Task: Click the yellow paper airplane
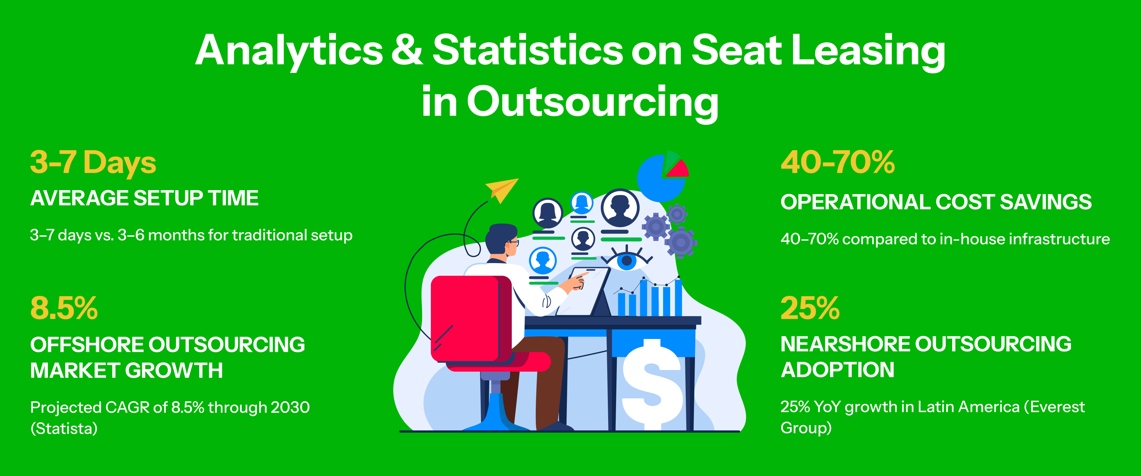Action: pyautogui.click(x=502, y=189)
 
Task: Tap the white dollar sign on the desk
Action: pyautogui.click(x=652, y=384)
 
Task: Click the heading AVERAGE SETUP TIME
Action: pyautogui.click(x=144, y=198)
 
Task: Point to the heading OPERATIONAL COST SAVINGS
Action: pyautogui.click(x=936, y=202)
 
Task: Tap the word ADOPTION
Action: pyautogui.click(x=838, y=370)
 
